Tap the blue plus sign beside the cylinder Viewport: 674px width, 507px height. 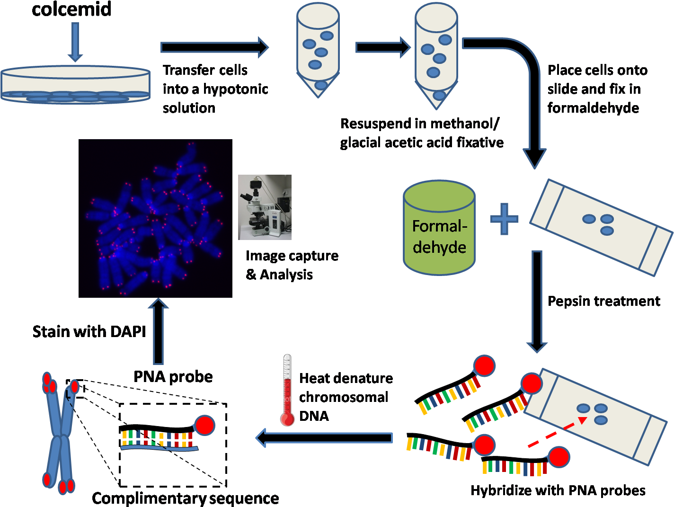tap(504, 219)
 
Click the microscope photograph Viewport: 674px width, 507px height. tap(265, 207)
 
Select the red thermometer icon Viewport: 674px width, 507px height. tap(288, 391)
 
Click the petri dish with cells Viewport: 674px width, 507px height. tap(75, 85)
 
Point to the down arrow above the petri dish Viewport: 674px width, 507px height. tap(75, 43)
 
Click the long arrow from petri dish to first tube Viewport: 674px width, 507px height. tap(214, 47)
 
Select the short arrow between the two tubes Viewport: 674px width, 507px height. tap(382, 47)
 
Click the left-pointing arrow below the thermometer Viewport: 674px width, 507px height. tap(324, 438)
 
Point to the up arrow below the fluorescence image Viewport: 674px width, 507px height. tap(158, 331)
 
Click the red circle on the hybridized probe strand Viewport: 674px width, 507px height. tap(205, 425)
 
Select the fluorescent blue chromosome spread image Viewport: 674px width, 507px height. tap(156, 218)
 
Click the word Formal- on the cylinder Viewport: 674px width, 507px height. tap(439, 226)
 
